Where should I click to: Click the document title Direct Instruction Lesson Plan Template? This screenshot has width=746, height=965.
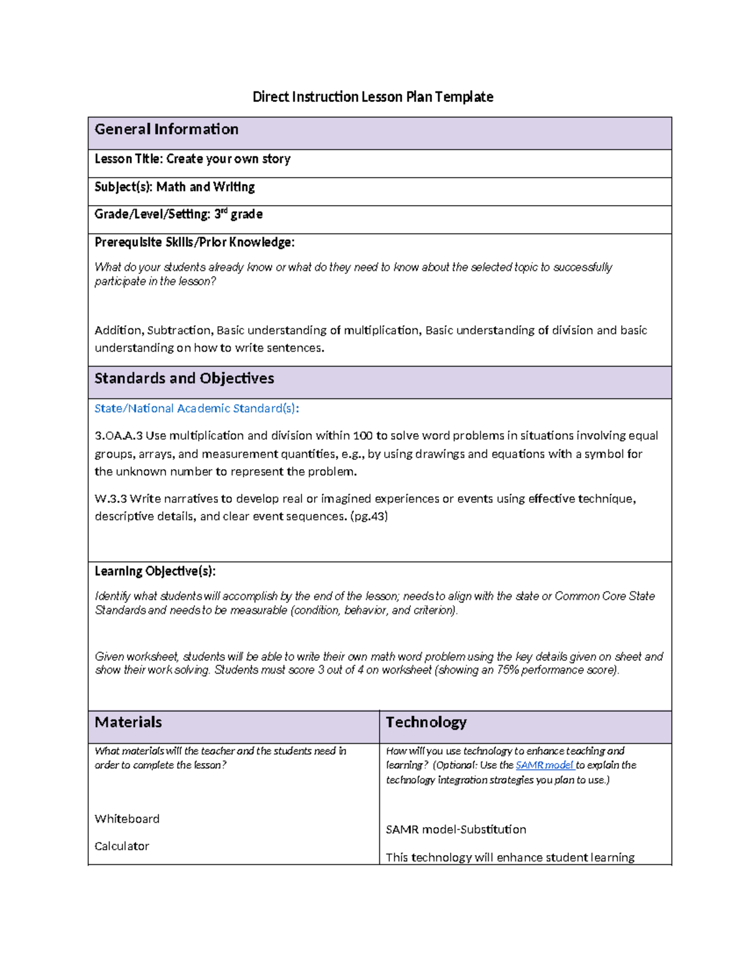click(x=372, y=97)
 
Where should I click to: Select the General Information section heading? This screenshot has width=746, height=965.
click(x=166, y=129)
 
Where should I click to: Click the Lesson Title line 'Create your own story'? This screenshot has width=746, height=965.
click(x=193, y=159)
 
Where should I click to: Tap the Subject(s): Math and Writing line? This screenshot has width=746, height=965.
click(x=175, y=187)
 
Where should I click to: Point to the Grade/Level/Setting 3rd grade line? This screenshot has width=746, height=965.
click(x=178, y=214)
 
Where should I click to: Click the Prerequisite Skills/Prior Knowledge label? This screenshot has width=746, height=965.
click(x=195, y=242)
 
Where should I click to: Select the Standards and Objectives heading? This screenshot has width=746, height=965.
click(x=184, y=378)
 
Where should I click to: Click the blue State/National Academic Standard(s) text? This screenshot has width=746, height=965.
click(x=196, y=408)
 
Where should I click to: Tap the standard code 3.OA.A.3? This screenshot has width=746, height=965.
click(x=118, y=436)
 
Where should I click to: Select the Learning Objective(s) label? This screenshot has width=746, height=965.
click(x=155, y=571)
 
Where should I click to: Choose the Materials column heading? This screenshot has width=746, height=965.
click(x=128, y=722)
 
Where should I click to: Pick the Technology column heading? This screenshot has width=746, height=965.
click(x=426, y=722)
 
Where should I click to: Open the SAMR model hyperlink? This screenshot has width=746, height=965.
click(x=544, y=766)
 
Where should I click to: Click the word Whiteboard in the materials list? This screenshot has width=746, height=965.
click(x=127, y=819)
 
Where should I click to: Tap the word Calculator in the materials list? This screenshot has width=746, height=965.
click(x=122, y=846)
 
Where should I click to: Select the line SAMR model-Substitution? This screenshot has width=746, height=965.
click(x=456, y=830)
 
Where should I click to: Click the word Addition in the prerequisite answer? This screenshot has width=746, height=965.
click(x=119, y=331)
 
